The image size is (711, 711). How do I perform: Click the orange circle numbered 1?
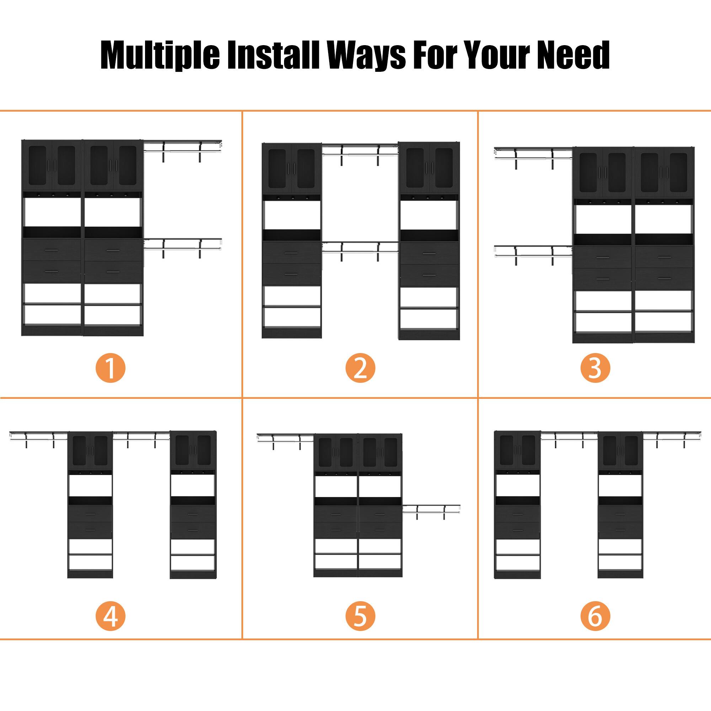tap(111, 368)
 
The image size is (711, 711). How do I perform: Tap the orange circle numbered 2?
tap(360, 368)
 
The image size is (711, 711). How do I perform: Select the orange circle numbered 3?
tap(595, 368)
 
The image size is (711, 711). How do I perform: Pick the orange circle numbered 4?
tap(111, 616)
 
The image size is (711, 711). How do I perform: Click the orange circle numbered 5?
tap(360, 616)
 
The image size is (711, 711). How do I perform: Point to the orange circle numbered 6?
tap(595, 616)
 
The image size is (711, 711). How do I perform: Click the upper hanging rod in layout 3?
tap(533, 154)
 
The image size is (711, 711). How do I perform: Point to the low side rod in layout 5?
tap(431, 509)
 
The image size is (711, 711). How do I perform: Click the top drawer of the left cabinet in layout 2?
tap(292, 253)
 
